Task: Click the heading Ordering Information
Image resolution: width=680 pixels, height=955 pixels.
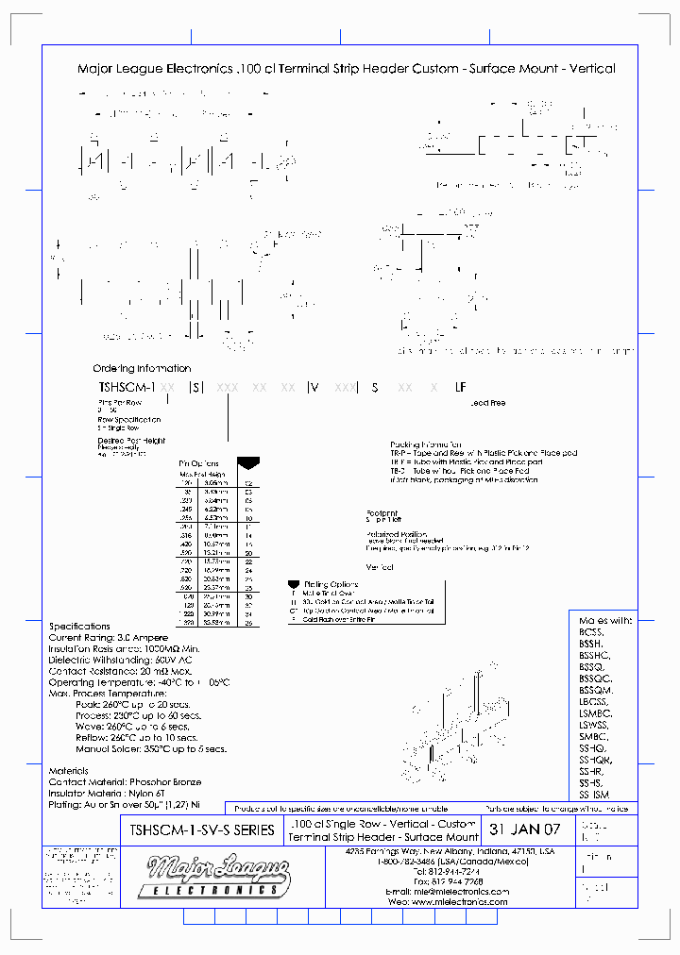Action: pyautogui.click(x=142, y=368)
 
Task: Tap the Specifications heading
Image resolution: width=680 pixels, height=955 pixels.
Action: pyautogui.click(x=79, y=627)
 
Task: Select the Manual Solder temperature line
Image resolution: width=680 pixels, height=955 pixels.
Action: pyautogui.click(x=151, y=749)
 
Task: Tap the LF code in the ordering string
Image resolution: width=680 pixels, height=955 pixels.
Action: pyautogui.click(x=461, y=387)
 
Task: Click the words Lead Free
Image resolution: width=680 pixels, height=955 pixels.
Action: pyautogui.click(x=487, y=403)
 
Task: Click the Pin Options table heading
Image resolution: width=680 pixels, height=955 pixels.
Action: pyautogui.click(x=199, y=463)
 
